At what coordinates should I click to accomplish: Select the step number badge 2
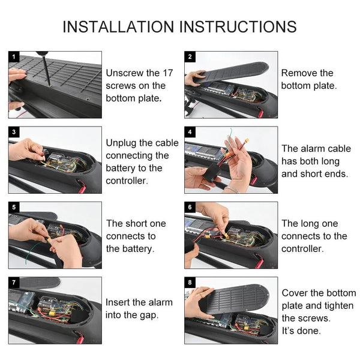click(x=190, y=56)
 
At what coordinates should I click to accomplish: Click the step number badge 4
click(x=190, y=131)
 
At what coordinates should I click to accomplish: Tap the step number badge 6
click(x=190, y=206)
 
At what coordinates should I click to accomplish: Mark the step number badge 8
click(x=190, y=281)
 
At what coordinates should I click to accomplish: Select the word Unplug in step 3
click(x=121, y=143)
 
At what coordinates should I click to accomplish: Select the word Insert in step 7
click(x=118, y=302)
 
